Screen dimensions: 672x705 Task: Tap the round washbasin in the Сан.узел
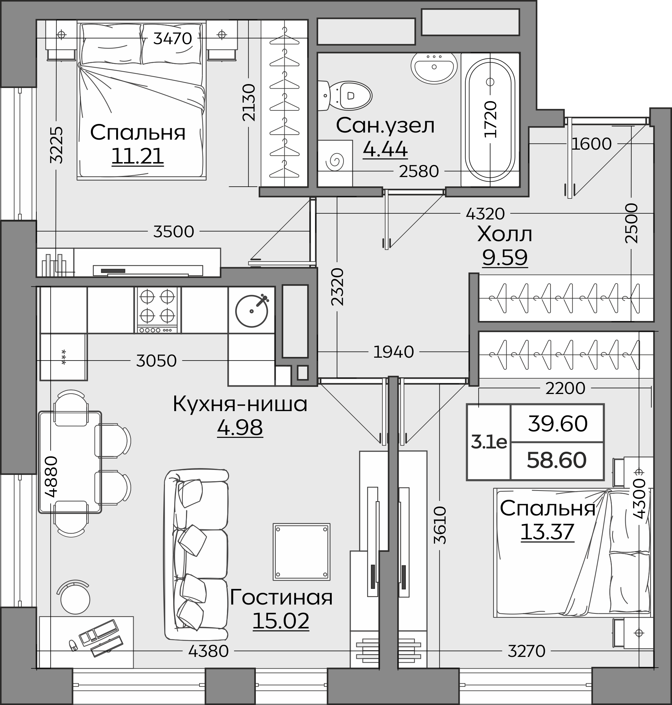(x=434, y=68)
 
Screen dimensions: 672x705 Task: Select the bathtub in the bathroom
(x=490, y=120)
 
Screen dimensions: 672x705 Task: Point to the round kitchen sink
(x=252, y=310)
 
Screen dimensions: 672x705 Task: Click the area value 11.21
(x=138, y=156)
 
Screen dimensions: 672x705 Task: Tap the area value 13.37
(x=547, y=532)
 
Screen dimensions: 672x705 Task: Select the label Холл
(x=505, y=234)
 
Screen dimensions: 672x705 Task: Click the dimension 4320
(x=485, y=214)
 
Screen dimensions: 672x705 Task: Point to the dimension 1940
(x=393, y=352)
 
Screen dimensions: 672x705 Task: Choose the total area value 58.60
(x=557, y=460)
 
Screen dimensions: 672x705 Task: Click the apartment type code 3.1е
(x=489, y=442)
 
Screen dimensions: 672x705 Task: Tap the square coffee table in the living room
(x=301, y=552)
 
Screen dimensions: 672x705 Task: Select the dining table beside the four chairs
(x=70, y=462)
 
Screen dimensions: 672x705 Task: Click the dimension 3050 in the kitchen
(x=156, y=361)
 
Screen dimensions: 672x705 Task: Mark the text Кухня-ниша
(x=240, y=404)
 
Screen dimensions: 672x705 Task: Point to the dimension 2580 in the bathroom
(x=419, y=171)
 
